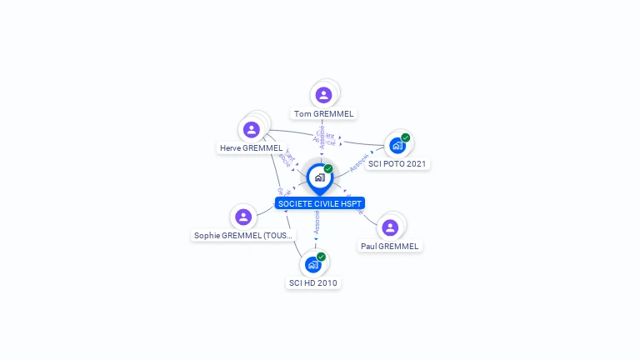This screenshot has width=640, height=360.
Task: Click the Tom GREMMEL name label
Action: (x=324, y=113)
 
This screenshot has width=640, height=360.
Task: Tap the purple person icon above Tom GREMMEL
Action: (x=324, y=95)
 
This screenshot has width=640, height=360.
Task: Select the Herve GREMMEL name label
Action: (x=251, y=148)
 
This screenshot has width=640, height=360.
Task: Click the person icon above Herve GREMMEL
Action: (x=251, y=130)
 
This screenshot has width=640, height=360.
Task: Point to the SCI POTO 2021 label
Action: (x=397, y=163)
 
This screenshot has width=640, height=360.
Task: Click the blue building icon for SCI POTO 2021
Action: (x=397, y=145)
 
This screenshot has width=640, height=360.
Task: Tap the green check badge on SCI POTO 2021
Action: (x=405, y=137)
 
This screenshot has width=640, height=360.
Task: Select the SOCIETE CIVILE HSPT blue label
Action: (x=320, y=203)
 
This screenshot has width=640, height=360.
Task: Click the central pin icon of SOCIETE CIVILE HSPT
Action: (x=319, y=177)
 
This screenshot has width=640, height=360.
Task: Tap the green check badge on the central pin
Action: (x=328, y=168)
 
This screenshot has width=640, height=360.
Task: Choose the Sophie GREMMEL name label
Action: (x=243, y=235)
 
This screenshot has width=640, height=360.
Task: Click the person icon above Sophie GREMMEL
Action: (x=243, y=217)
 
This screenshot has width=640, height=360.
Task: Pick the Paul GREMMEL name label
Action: (x=390, y=246)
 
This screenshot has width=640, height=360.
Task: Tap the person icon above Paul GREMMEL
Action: (x=390, y=227)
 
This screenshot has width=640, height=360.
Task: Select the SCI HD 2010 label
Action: (x=313, y=282)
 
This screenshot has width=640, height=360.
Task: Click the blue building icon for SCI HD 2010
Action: (x=312, y=265)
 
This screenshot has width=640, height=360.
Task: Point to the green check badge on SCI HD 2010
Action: (x=321, y=257)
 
